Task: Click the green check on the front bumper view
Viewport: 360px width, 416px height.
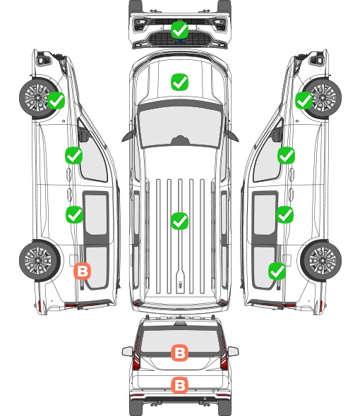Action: pos(180,30)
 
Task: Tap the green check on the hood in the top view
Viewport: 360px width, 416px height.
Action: pos(180,82)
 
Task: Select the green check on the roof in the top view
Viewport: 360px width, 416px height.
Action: pos(180,221)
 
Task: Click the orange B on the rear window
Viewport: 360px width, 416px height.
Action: pos(180,353)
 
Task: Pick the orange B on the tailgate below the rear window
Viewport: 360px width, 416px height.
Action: pos(180,385)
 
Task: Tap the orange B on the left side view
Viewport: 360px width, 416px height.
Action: pos(83,271)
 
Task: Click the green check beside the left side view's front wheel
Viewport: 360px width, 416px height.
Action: pos(56,100)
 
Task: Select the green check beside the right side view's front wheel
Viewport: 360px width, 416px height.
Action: pos(304,100)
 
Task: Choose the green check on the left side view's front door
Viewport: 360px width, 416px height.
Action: pos(74,155)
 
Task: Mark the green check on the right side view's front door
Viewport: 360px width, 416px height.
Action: pos(286,155)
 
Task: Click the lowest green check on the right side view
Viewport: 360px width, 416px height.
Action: pos(277,271)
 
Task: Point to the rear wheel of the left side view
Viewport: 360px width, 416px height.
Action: pos(39,261)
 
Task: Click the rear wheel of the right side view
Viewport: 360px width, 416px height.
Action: pos(321,261)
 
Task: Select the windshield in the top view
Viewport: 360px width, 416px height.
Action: pos(180,127)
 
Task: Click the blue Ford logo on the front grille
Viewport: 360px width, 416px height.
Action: pos(180,41)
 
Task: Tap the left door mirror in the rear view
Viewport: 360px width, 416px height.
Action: pos(128,352)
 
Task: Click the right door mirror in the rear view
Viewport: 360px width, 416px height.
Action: pos(233,352)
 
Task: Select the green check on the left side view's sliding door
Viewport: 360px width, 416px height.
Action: pos(74,214)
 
